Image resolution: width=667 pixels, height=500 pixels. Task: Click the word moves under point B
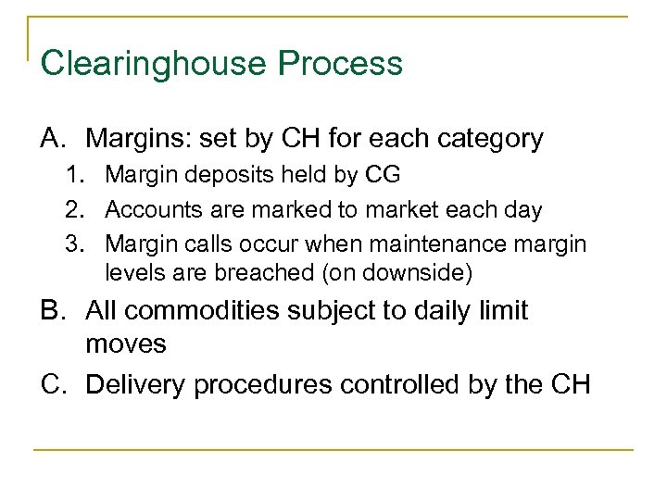pyautogui.click(x=126, y=344)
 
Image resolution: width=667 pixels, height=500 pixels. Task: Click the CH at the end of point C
pyautogui.click(x=569, y=383)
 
